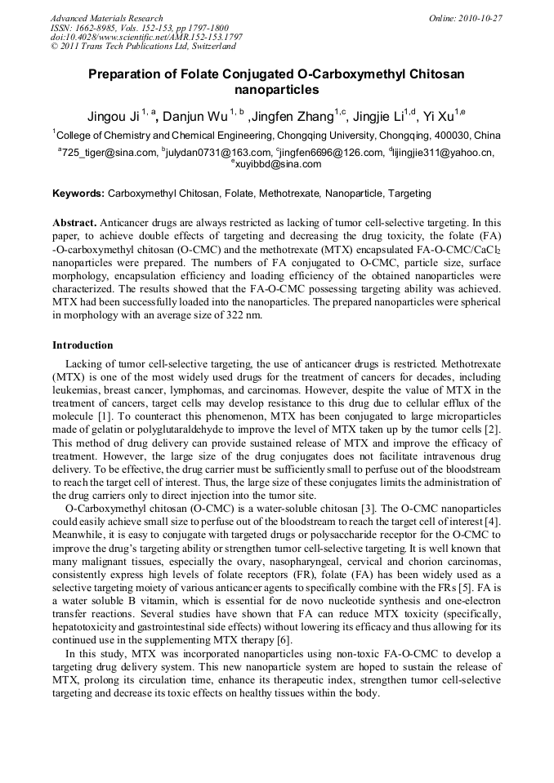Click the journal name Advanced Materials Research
click(106, 18)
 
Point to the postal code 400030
click(454, 136)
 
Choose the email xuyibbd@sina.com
click(278, 164)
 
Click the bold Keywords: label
click(78, 194)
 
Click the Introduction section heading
click(83, 345)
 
